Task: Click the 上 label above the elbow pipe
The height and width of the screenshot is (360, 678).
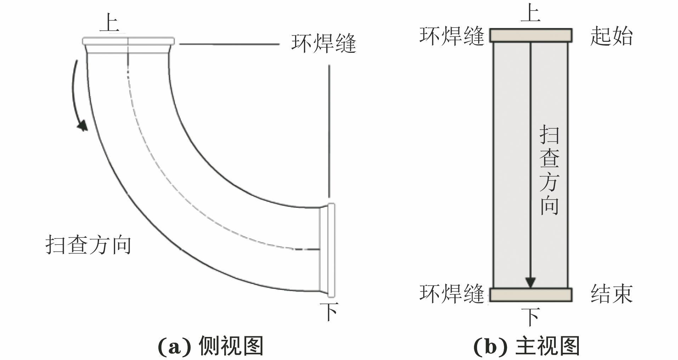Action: pos(109,23)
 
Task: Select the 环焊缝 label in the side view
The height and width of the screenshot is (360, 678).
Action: pos(323,44)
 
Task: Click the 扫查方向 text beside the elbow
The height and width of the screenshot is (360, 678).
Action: pos(88,245)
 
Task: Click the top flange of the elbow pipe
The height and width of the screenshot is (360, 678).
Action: pos(128,41)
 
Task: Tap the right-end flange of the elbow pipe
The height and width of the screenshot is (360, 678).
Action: pos(331,250)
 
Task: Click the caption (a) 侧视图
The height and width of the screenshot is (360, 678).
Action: pos(210,346)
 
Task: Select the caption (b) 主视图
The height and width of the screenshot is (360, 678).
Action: pos(526,346)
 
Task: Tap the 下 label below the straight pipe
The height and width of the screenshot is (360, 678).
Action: pos(530,316)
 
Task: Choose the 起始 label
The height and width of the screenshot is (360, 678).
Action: pos(611,36)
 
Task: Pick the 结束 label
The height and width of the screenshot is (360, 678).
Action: pos(611,294)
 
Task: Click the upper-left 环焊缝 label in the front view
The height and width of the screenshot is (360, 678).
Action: pos(452,36)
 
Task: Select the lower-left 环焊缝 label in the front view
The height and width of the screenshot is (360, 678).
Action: pos(452,294)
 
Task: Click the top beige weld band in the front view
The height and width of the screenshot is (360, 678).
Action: pos(530,35)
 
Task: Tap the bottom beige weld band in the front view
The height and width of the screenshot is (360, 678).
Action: pos(530,294)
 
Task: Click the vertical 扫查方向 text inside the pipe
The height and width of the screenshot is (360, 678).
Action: pos(549,170)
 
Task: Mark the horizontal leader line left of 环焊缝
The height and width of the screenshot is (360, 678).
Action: pos(230,44)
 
